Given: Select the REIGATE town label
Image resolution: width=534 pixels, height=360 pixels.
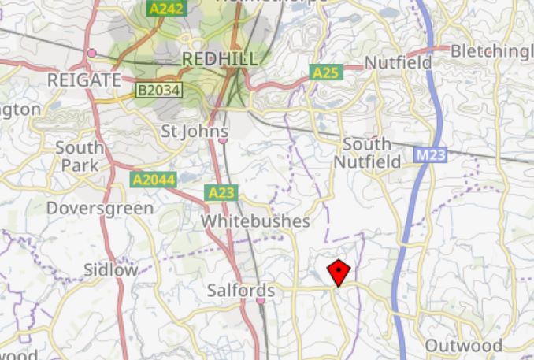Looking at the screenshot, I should click(83, 80).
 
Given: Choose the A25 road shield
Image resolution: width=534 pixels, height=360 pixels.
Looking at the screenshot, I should click(326, 73).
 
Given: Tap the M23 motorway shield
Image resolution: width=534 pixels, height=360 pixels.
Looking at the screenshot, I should click(431, 156).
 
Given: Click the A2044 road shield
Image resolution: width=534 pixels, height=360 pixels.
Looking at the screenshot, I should click(152, 180).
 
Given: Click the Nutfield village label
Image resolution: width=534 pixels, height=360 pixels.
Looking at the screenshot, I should click(398, 62).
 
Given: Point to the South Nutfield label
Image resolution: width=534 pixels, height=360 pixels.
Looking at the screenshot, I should click(367, 153).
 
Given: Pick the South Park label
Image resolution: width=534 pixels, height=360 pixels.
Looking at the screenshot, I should click(79, 156).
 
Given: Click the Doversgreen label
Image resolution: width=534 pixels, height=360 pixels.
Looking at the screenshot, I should click(99, 209).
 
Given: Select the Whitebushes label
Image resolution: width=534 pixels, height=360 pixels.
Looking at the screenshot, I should click(255, 221).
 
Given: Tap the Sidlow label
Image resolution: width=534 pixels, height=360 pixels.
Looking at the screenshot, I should click(110, 269).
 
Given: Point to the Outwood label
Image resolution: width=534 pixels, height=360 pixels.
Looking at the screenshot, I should click(463, 345).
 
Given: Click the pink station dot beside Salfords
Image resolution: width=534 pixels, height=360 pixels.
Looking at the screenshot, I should click(271, 291).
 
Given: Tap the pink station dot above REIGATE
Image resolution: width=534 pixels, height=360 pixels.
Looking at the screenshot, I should click(92, 53).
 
